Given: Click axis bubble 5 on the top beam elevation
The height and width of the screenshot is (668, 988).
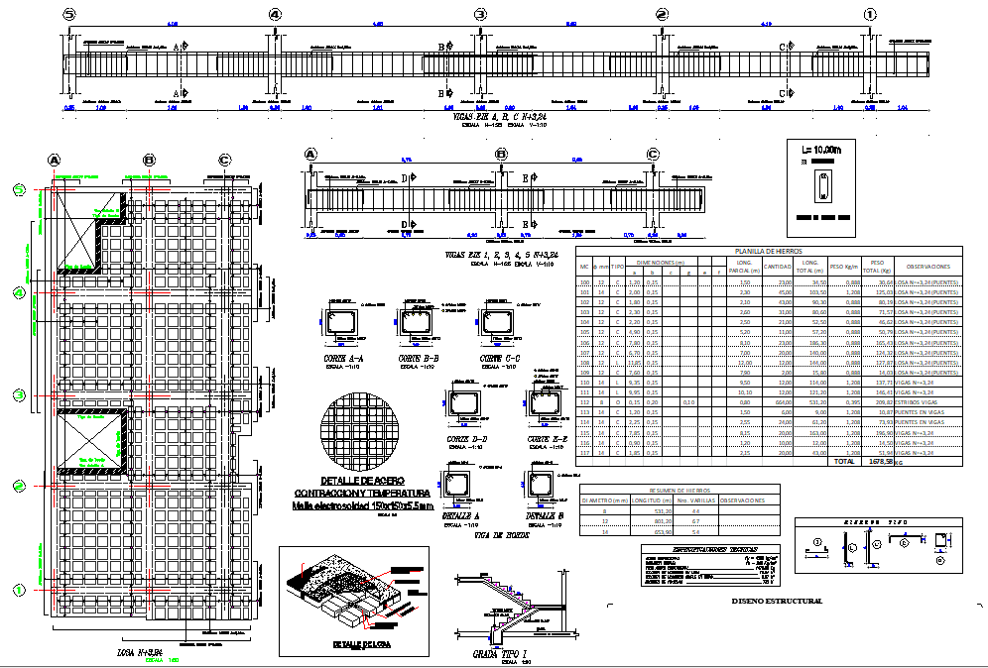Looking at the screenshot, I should point(68,14).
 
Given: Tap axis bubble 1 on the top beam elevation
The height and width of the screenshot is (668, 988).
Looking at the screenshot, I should point(870,14).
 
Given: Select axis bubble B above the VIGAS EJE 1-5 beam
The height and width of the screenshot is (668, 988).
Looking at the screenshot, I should point(502,154).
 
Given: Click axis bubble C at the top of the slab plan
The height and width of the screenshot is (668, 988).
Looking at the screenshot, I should point(224,160).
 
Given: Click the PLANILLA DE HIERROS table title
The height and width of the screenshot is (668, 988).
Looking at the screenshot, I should point(768,252).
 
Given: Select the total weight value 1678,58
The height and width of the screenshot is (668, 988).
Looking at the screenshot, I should point(881,461).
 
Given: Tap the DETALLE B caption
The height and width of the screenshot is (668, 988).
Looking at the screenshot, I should point(545,516).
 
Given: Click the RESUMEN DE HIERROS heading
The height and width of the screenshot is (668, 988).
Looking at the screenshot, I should point(679,490).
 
